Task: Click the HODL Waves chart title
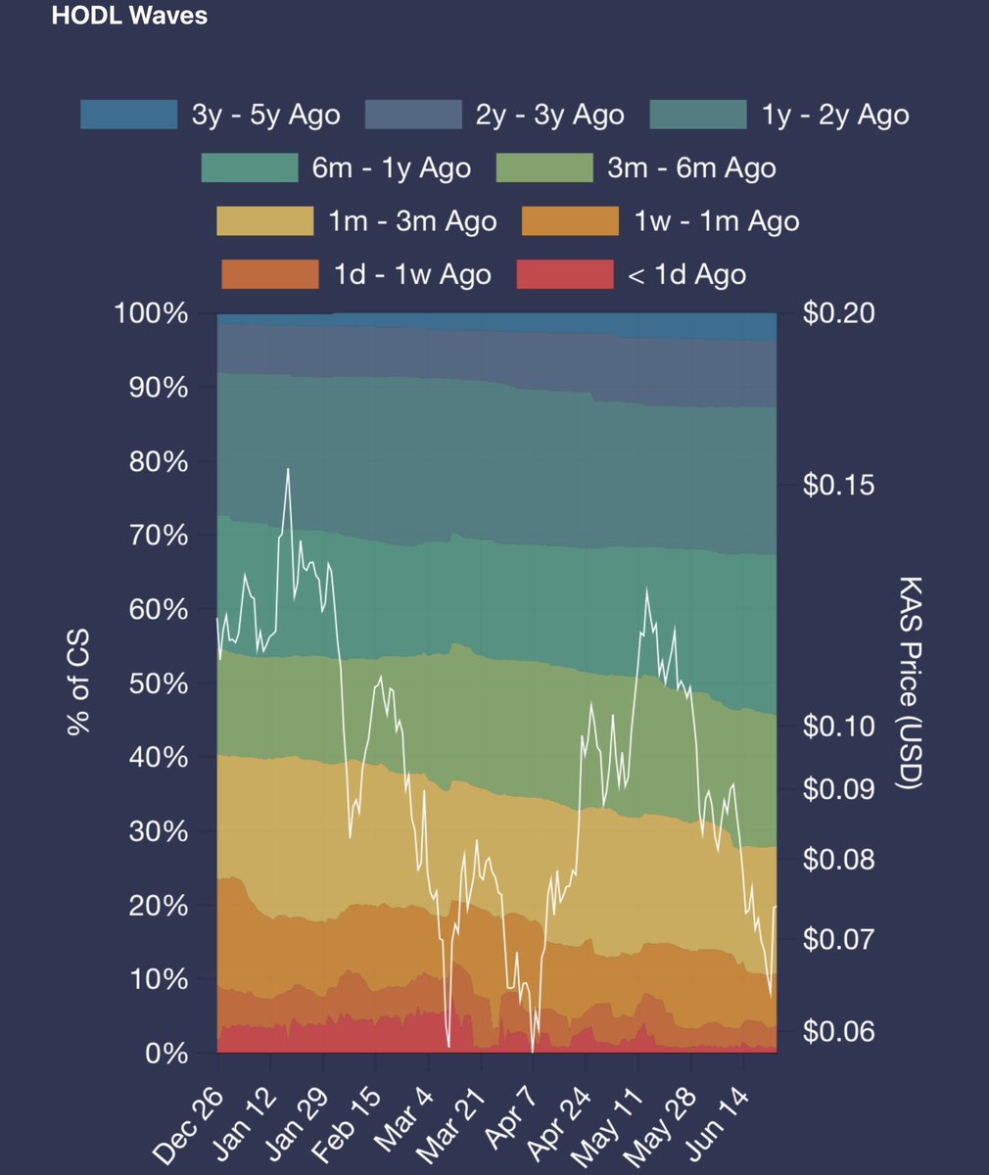point(129,17)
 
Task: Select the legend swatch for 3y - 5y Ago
point(128,115)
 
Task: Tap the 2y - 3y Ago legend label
point(549,115)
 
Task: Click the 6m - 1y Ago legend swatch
point(249,167)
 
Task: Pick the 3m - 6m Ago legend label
point(691,167)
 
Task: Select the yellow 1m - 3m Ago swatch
point(264,220)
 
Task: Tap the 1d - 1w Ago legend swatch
point(270,274)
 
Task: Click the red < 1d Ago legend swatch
point(564,274)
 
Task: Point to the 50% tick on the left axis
point(159,683)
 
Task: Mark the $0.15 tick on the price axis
point(838,485)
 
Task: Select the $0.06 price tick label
point(838,1030)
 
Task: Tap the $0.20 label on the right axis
point(838,313)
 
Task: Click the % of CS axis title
point(78,683)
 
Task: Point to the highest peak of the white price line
point(288,469)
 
